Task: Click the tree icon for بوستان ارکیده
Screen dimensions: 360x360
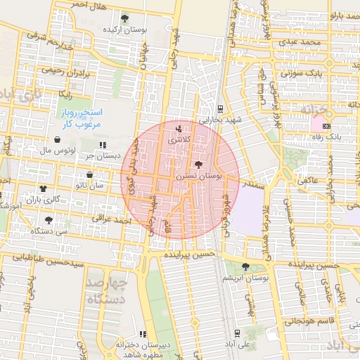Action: pyautogui.click(x=124, y=18)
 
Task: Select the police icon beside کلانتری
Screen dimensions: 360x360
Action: pyautogui.click(x=178, y=129)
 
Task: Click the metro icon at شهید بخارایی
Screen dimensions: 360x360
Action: pyautogui.click(x=221, y=109)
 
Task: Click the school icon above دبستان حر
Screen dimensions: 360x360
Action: pyautogui.click(x=103, y=145)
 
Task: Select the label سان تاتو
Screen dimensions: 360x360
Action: pyautogui.click(x=91, y=185)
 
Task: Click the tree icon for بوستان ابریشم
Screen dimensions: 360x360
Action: pyautogui.click(x=245, y=266)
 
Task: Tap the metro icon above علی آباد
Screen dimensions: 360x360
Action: pyautogui.click(x=237, y=333)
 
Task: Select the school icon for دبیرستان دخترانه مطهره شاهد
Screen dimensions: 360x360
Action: pyautogui.click(x=143, y=334)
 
